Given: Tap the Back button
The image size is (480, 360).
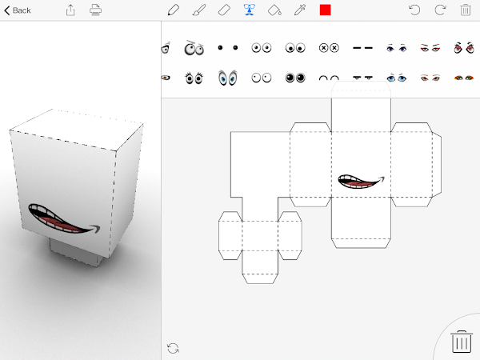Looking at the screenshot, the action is click(x=18, y=10).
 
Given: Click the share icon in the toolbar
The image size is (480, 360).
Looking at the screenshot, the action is click(x=70, y=10).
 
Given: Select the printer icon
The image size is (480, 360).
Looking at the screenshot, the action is click(x=95, y=10).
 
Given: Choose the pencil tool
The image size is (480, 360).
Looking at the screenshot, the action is click(x=174, y=10).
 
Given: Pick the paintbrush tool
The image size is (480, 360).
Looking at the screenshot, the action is click(x=199, y=10).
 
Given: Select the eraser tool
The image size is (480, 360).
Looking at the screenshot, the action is click(x=224, y=10).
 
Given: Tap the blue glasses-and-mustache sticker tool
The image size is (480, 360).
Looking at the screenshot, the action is click(x=250, y=10).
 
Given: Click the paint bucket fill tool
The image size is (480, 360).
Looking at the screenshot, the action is click(x=274, y=10).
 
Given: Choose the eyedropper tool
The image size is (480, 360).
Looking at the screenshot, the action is click(x=300, y=10).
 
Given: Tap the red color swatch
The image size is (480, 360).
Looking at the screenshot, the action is click(x=325, y=10).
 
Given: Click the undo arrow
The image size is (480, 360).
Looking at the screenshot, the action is click(x=414, y=10).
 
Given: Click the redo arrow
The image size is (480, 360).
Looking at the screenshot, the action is click(x=440, y=10).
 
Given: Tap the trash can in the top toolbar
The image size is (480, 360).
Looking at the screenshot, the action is click(x=466, y=10).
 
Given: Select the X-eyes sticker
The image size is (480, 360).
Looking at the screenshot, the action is click(x=329, y=48).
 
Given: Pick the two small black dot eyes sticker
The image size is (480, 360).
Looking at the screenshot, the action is click(x=228, y=47).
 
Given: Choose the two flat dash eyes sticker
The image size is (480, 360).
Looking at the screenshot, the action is click(x=362, y=48).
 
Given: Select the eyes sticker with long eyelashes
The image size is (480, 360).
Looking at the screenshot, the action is click(x=194, y=78).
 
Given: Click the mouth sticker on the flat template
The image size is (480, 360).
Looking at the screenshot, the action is click(x=361, y=182).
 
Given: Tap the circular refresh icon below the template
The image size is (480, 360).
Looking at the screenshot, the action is click(x=173, y=348).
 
